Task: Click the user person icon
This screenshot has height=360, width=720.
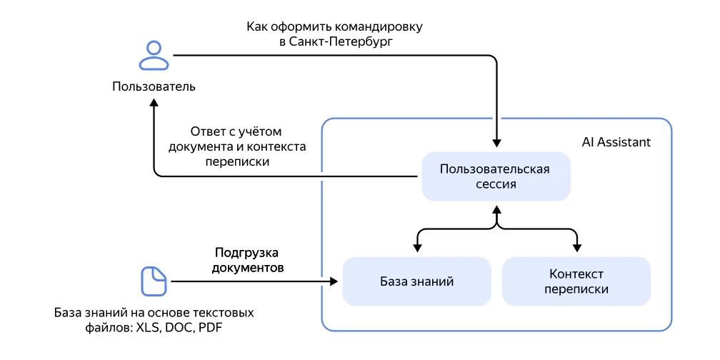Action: click(154, 56)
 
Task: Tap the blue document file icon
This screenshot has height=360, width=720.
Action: click(153, 281)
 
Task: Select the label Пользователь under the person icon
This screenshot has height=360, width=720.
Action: click(154, 87)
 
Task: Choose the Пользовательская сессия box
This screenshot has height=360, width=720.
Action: click(495, 176)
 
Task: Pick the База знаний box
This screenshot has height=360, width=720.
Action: click(416, 281)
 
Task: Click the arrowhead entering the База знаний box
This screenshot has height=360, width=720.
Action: click(334, 281)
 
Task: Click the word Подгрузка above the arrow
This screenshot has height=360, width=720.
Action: click(246, 253)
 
